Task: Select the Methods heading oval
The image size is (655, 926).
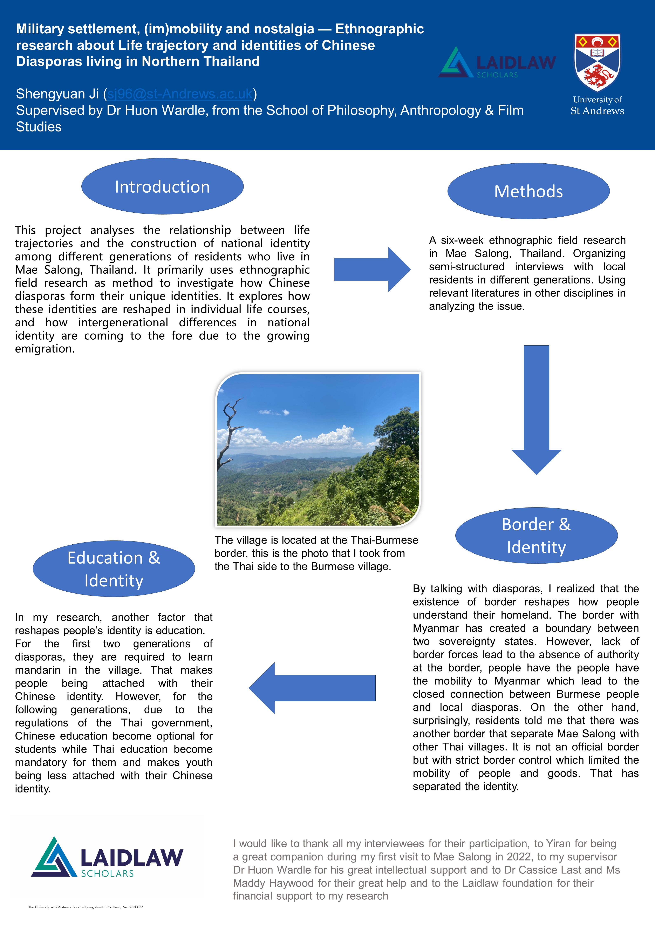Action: pos(528,191)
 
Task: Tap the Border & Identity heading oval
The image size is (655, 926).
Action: pos(536,536)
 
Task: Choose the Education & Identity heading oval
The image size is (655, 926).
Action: pos(114,569)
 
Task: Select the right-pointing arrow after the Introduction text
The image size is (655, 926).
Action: pos(372,269)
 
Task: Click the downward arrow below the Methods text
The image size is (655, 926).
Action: pos(536,409)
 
